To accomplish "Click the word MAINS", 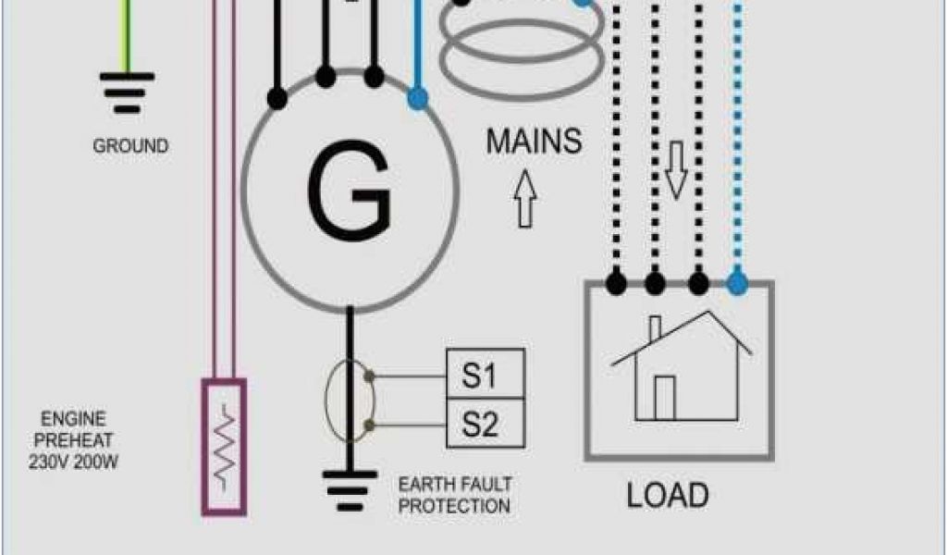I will [x=535, y=142].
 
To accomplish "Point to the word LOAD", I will [x=668, y=496].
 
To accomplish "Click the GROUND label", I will [x=130, y=146].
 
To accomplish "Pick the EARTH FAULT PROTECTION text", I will [x=454, y=495].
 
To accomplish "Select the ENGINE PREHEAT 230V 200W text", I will [x=79, y=440].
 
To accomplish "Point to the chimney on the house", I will [x=655, y=329].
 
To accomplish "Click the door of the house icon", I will [x=665, y=398].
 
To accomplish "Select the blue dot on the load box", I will [x=737, y=281].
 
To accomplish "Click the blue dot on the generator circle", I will [x=418, y=96].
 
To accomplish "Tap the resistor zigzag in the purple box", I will [x=224, y=445].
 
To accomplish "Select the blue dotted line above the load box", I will [x=737, y=139].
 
